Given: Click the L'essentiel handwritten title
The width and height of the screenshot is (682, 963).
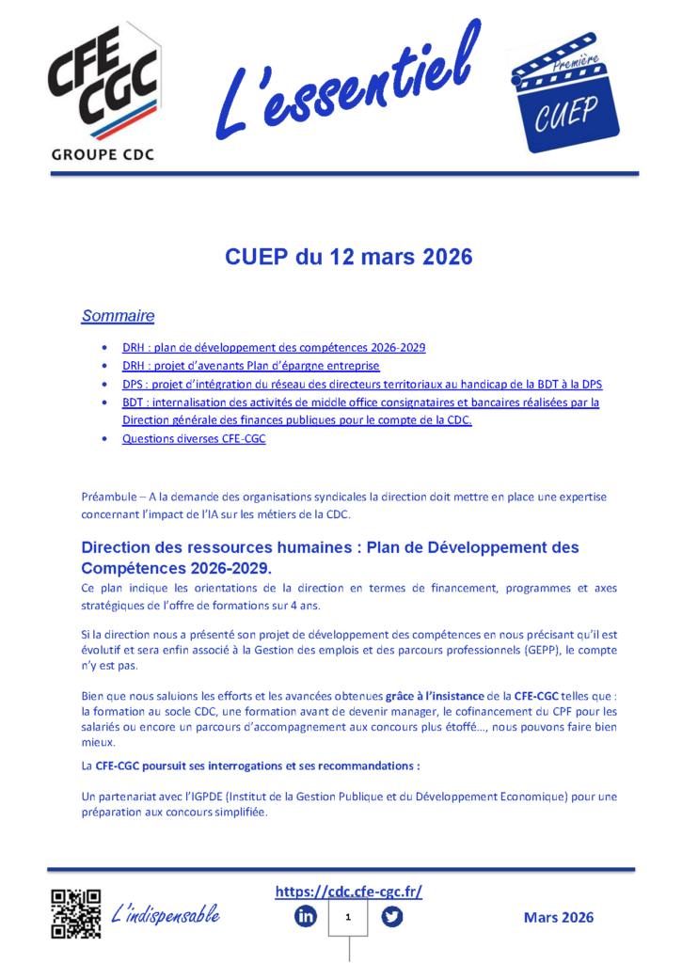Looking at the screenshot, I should [x=349, y=80].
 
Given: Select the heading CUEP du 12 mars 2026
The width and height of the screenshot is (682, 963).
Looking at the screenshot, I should [x=348, y=257].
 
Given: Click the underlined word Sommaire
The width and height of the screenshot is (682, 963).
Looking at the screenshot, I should [x=118, y=316].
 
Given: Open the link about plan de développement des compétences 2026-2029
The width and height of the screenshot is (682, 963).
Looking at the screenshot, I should [x=274, y=347].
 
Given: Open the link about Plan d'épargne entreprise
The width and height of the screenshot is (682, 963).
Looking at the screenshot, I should [x=250, y=366].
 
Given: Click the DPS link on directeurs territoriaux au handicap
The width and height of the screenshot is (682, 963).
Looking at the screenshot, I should [x=361, y=384].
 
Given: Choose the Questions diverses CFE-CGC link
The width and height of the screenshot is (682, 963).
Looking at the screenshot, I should [x=194, y=438].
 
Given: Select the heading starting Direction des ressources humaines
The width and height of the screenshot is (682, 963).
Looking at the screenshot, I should [x=329, y=557].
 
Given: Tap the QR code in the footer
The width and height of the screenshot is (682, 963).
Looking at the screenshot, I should [x=75, y=913].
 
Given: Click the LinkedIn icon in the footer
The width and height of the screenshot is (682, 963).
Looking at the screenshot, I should [x=306, y=916].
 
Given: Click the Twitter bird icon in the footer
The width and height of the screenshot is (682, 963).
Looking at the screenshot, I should [x=392, y=916].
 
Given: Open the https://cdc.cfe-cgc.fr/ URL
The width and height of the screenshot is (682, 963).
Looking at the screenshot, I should [x=348, y=892].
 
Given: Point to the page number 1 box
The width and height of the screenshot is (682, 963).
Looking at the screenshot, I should [x=349, y=916].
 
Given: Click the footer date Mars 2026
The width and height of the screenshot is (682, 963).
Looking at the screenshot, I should [x=559, y=917].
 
